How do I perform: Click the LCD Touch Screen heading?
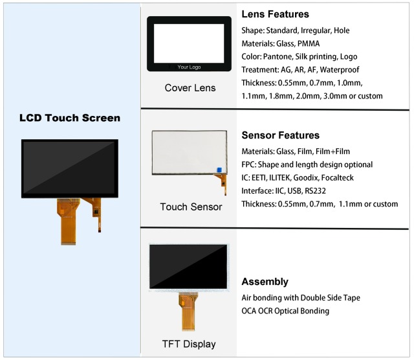tap(70, 118)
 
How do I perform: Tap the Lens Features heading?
tap(275, 14)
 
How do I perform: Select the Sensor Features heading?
tap(280, 135)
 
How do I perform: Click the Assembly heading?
tap(265, 282)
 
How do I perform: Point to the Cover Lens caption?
tap(190, 88)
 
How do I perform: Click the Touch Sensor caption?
tap(191, 207)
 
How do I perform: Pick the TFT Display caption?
tap(189, 344)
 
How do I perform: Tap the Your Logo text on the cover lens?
tap(190, 66)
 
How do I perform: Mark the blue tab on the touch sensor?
tap(219, 170)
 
